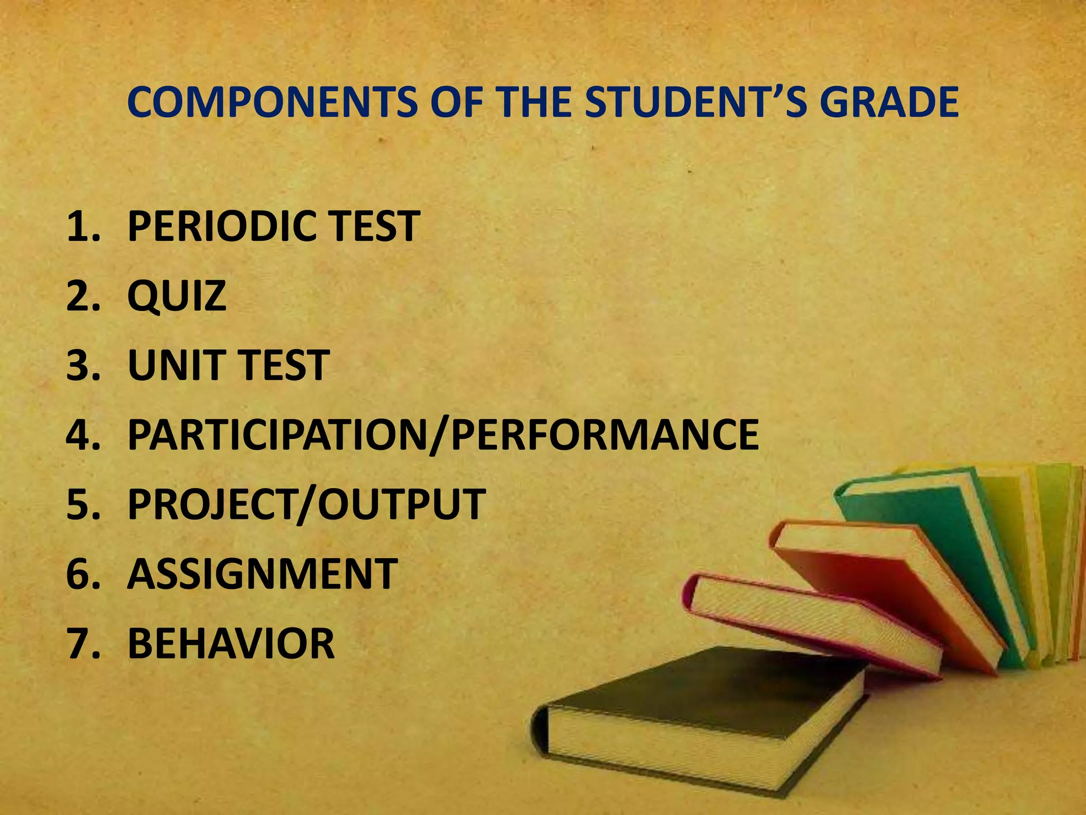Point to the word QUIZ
click(177, 296)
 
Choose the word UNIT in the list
click(172, 366)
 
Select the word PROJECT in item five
click(209, 505)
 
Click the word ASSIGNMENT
click(262, 574)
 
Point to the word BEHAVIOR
click(231, 644)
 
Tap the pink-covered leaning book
click(811, 626)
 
